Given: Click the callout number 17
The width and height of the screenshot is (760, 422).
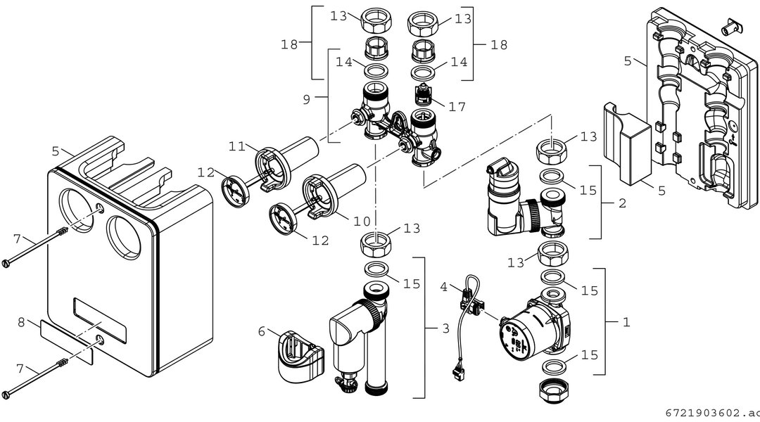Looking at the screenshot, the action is tap(457, 107).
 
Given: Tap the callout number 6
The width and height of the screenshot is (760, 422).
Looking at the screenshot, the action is tap(262, 331).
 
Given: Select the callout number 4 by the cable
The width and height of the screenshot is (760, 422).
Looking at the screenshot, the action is tap(443, 287).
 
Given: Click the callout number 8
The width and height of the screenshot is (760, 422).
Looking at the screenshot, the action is tap(21, 321).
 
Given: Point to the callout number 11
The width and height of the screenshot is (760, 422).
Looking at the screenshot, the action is tap(237, 146).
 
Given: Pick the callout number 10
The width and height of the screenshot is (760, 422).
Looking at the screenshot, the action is tap(362, 222).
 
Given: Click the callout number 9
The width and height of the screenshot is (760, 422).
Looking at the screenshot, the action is tap(306, 99).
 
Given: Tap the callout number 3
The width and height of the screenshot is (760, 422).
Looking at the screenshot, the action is tap(446, 329).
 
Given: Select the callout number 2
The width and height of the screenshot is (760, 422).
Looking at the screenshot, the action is tap(622, 203).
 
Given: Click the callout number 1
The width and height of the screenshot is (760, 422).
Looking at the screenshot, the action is tap(626, 321).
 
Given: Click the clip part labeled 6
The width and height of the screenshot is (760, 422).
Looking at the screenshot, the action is tap(300, 357).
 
